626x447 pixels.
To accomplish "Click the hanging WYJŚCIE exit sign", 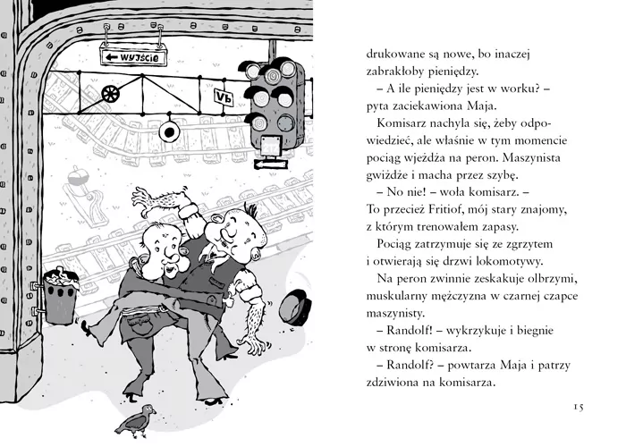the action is pyautogui.click(x=133, y=56).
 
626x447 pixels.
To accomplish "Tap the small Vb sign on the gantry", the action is pyautogui.click(x=224, y=97).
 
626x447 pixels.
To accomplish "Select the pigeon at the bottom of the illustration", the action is pyautogui.click(x=135, y=421).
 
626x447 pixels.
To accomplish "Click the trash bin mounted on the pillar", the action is pyautogui.click(x=60, y=296).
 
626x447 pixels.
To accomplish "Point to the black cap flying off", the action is pyautogui.click(x=294, y=308).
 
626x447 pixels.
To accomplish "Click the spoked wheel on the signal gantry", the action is pyautogui.click(x=111, y=94).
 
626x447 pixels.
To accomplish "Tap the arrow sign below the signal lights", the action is pyautogui.click(x=270, y=164).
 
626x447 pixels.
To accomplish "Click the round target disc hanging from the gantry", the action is pyautogui.click(x=170, y=131).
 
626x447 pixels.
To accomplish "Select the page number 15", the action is pyautogui.click(x=579, y=407).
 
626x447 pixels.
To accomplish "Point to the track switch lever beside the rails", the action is pyautogui.click(x=85, y=196).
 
